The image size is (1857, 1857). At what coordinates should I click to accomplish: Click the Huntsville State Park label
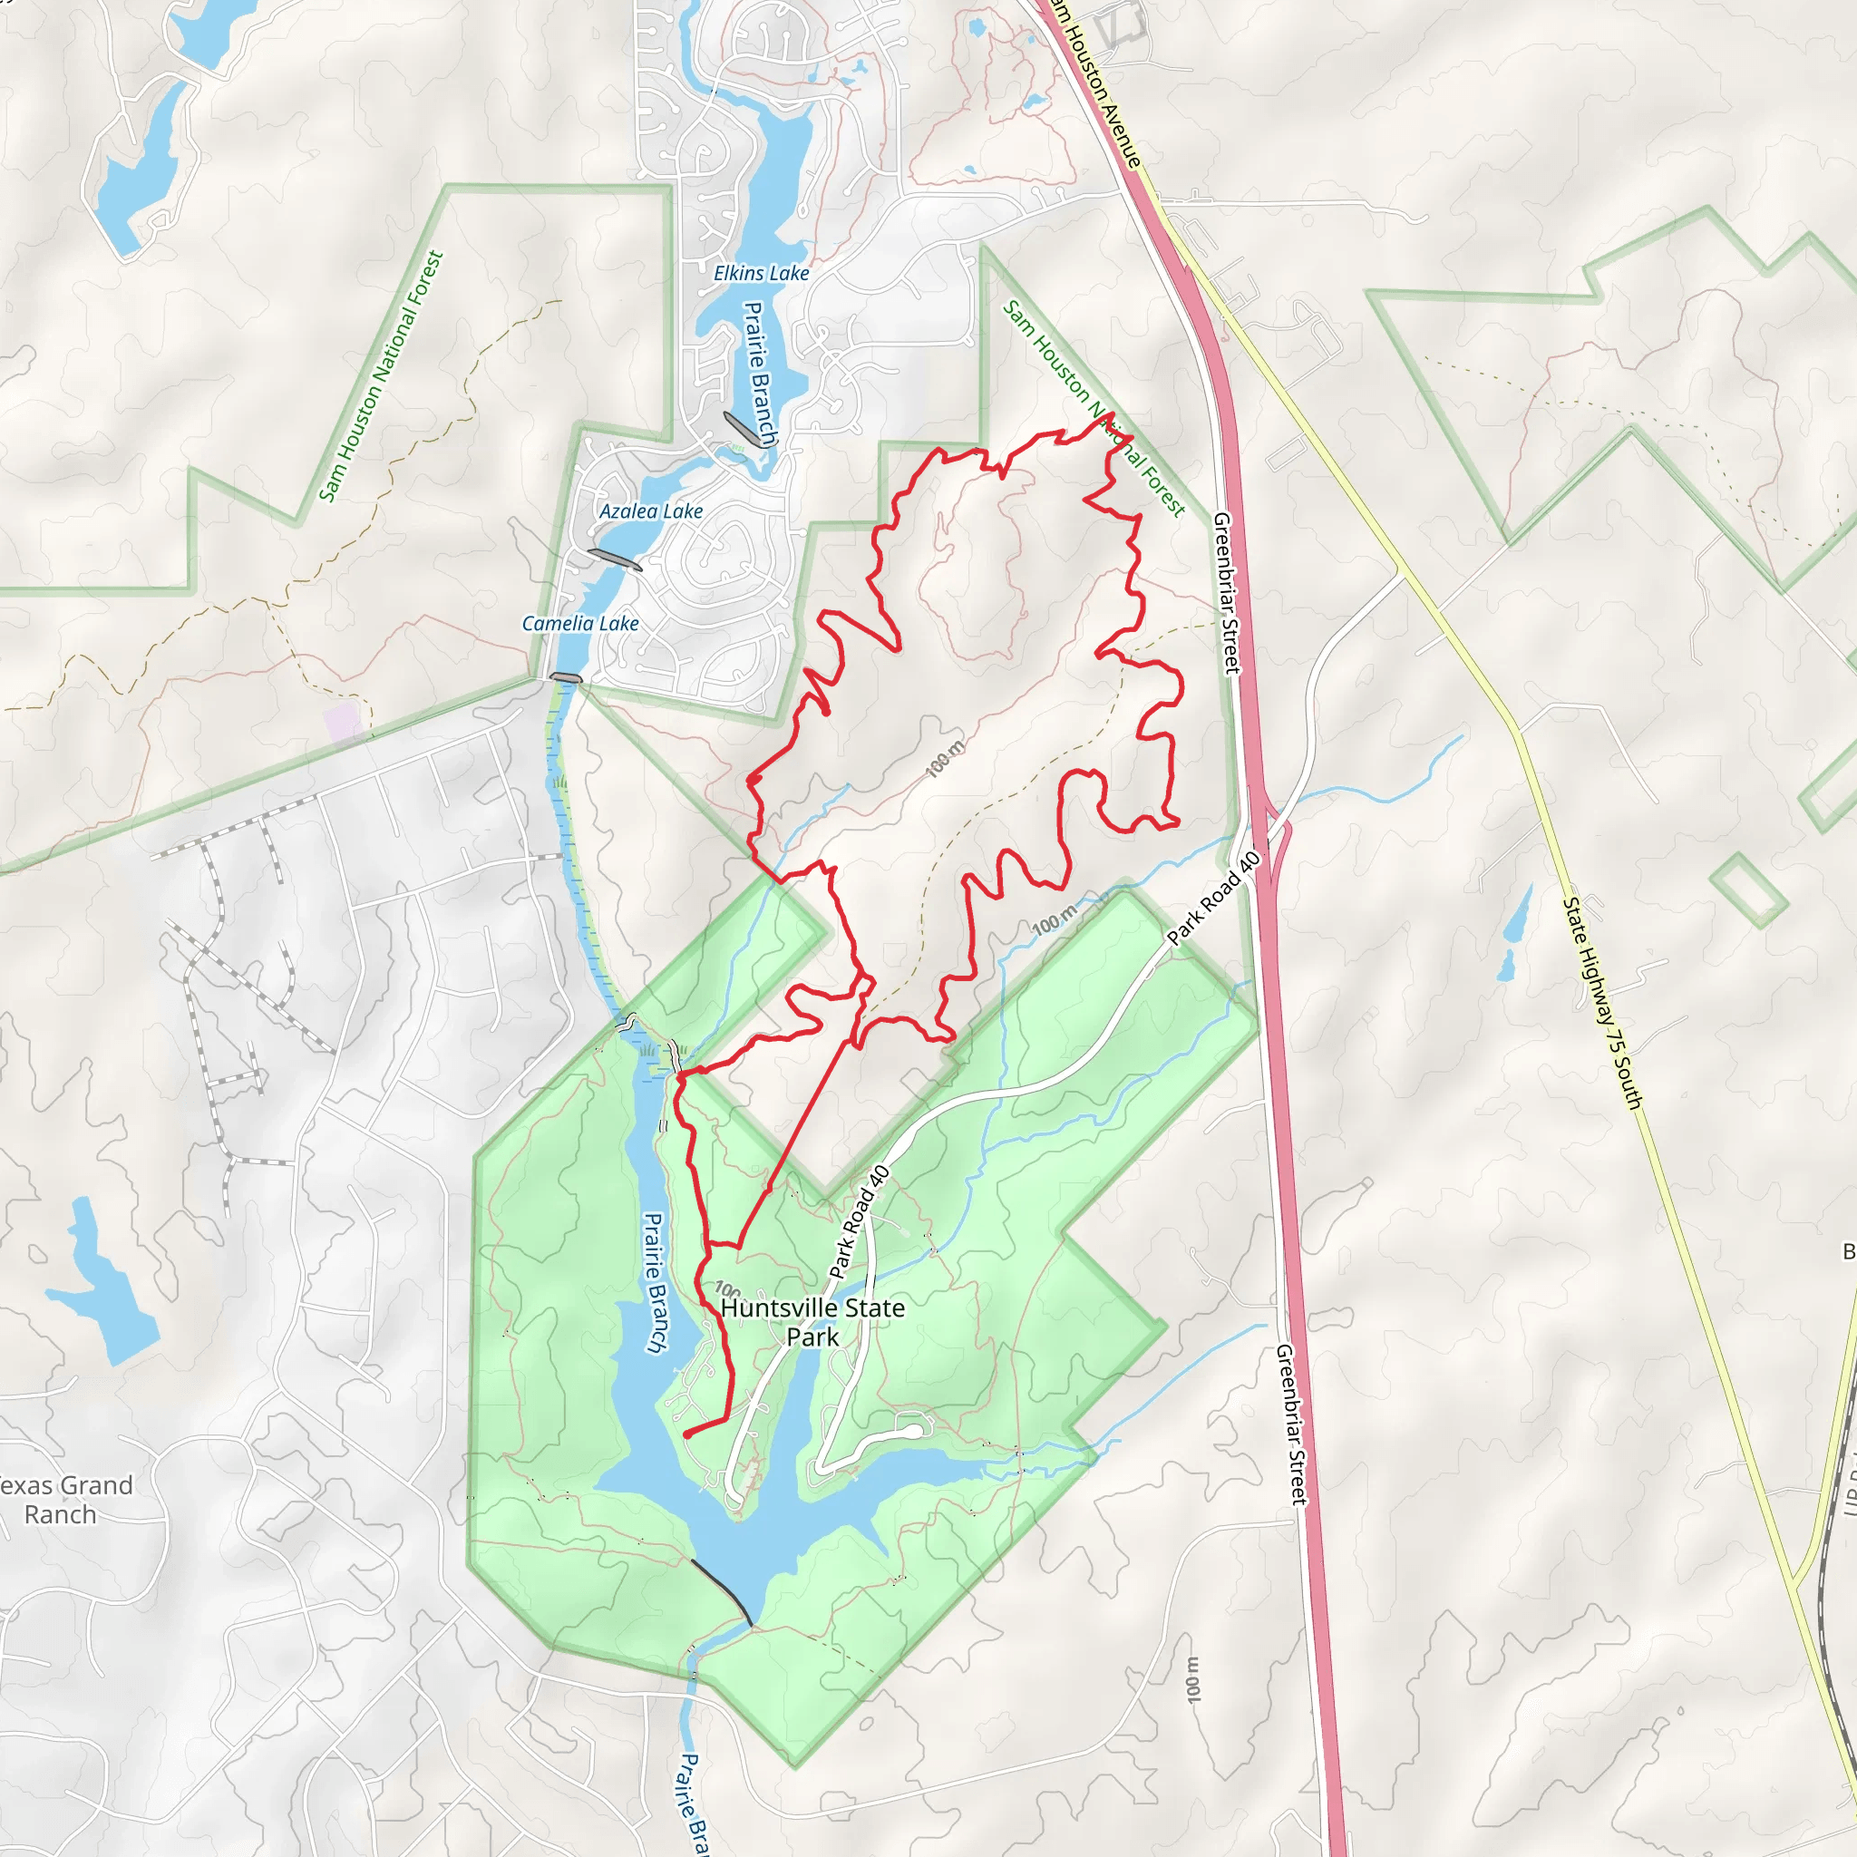click(x=812, y=1322)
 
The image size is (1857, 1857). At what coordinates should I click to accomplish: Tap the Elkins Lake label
click(x=762, y=274)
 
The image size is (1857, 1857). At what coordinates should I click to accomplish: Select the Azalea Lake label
click(x=651, y=511)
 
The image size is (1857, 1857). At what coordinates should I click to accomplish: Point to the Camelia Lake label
click(x=580, y=624)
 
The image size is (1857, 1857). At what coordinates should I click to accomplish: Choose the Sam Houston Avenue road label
click(x=1095, y=82)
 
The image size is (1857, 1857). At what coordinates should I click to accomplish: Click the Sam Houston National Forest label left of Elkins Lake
click(x=381, y=377)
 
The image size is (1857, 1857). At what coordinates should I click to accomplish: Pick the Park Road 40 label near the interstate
click(x=1213, y=898)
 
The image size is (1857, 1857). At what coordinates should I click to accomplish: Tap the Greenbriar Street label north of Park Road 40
click(x=1228, y=592)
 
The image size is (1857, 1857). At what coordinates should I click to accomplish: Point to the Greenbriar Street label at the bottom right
click(x=1291, y=1424)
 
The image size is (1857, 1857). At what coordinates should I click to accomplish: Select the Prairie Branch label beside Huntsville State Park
click(x=655, y=1282)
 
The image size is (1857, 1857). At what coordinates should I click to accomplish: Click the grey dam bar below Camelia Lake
click(x=565, y=677)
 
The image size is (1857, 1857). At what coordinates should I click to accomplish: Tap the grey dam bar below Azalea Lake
click(x=613, y=559)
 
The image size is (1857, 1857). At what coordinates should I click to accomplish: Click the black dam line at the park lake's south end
click(x=720, y=1590)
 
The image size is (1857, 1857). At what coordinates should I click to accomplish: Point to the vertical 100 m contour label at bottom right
click(x=1193, y=1679)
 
